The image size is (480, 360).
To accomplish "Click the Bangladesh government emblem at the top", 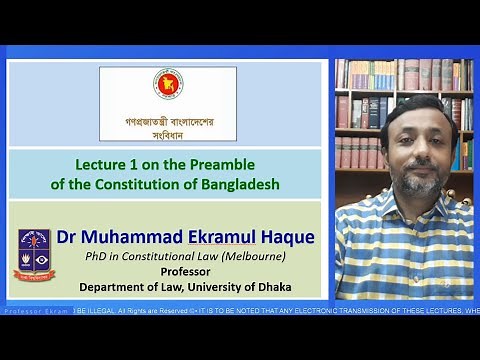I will [167, 85].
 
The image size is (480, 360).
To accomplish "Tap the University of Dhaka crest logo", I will [34, 255].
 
